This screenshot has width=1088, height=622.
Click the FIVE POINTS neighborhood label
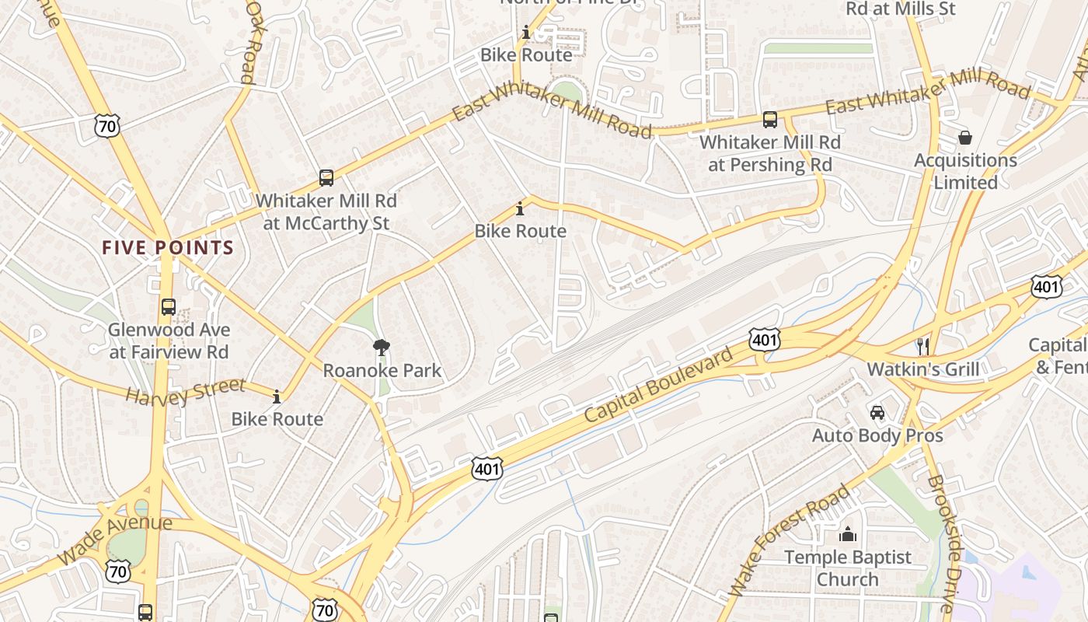point(168,248)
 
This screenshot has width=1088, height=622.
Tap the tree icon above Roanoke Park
point(381,347)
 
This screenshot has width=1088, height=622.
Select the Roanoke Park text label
point(382,370)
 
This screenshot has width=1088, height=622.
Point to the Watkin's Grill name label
point(923,369)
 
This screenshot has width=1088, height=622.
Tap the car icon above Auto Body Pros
point(877,412)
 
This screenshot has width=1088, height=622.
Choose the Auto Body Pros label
point(877,435)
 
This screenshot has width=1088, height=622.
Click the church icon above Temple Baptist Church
point(847,534)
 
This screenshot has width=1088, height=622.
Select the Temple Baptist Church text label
point(847,568)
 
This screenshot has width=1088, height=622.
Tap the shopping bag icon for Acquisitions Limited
point(965,138)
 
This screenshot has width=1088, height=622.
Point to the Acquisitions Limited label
point(965,171)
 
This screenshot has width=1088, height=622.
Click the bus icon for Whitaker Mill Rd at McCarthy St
point(326,177)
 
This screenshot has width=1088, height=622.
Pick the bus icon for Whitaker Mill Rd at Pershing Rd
point(770,120)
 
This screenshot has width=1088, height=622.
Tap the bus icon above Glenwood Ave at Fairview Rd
point(168,306)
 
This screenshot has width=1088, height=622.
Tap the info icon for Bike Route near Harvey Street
point(277,397)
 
